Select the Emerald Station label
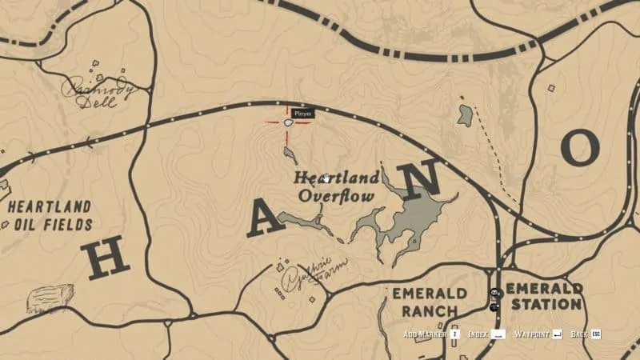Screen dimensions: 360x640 544,296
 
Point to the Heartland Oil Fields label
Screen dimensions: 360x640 50,215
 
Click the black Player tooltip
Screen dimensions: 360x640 302,114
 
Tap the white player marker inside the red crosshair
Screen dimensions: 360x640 287,122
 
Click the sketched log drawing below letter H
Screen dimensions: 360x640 49,298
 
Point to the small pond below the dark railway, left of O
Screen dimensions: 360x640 465,116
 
